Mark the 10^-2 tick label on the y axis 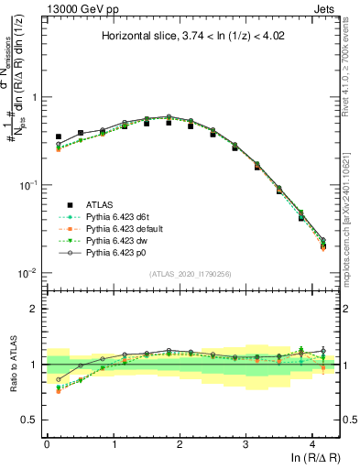(27, 273)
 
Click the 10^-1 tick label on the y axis (27, 185)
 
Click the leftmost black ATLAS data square (59, 136)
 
